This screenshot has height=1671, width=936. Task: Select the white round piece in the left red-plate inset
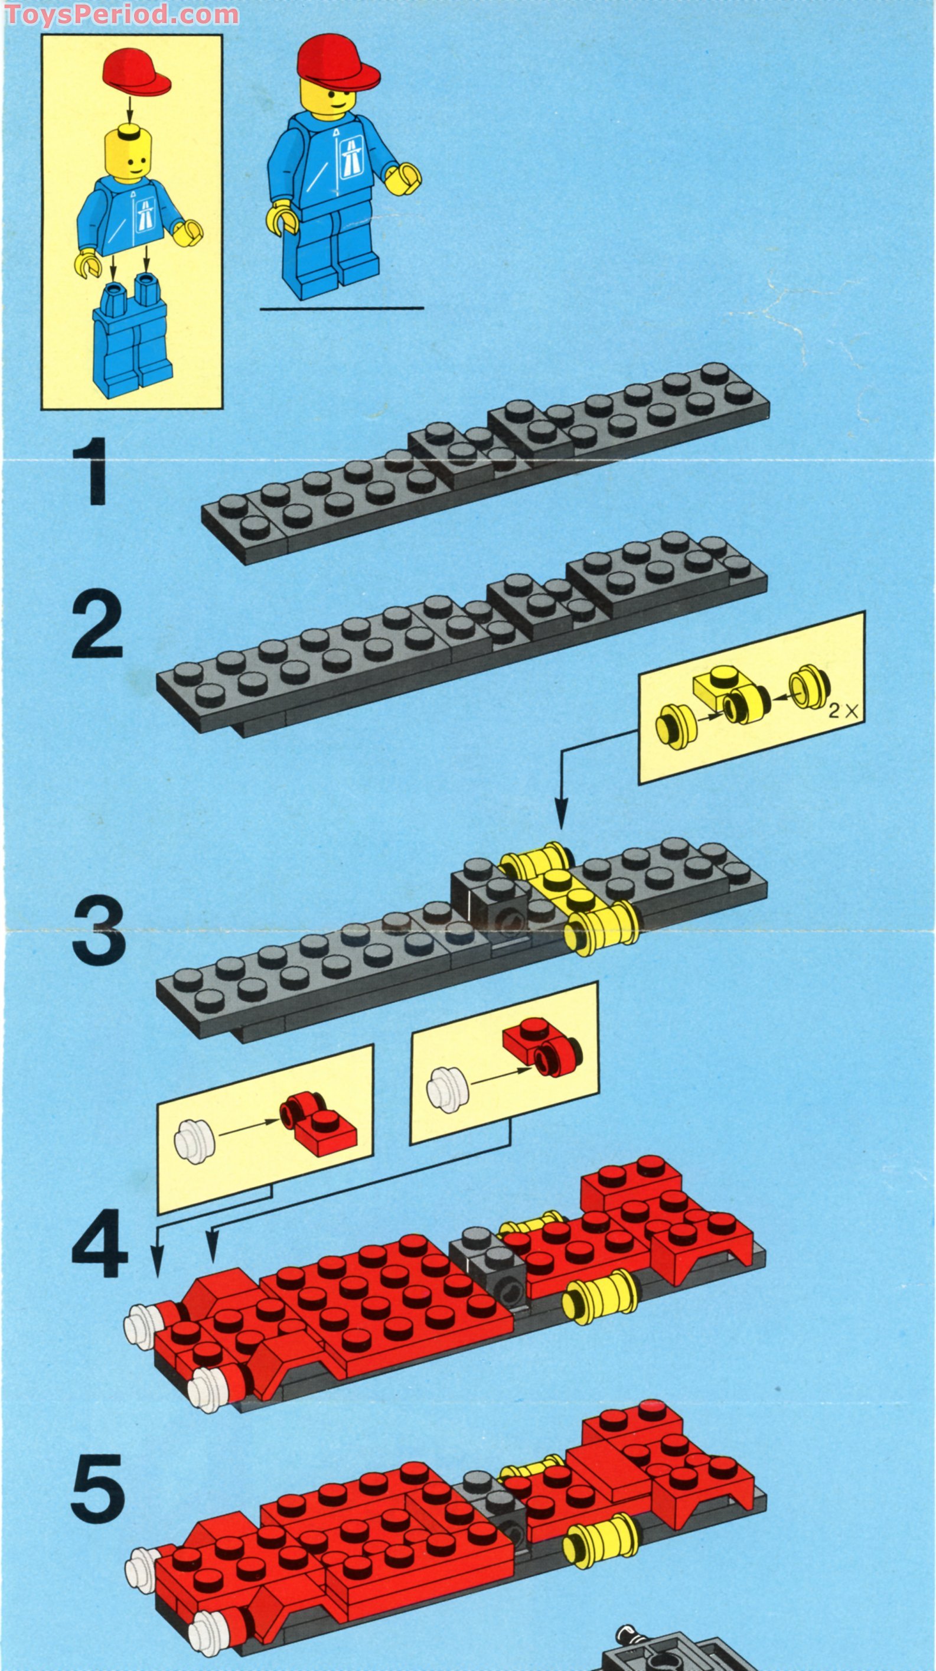[194, 1135]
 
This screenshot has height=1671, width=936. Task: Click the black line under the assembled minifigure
[342, 308]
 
